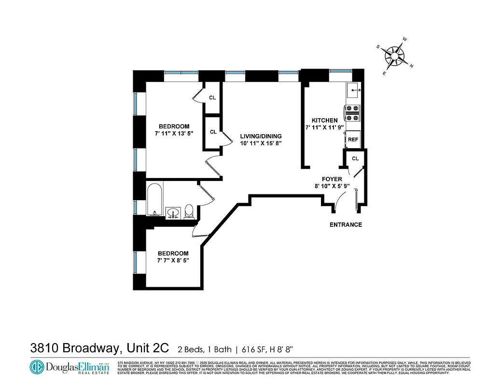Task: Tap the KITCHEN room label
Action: click(x=324, y=120)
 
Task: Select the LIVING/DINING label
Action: click(x=261, y=136)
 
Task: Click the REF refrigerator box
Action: click(x=353, y=139)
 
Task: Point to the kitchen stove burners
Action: click(x=352, y=113)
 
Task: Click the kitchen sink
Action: click(x=353, y=89)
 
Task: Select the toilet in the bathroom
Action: click(x=189, y=211)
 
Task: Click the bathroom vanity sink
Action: click(x=173, y=212)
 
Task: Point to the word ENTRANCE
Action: click(x=346, y=225)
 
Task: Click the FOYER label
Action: click(x=332, y=179)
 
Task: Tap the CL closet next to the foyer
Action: click(x=355, y=158)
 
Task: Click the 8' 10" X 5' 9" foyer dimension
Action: click(x=332, y=186)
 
